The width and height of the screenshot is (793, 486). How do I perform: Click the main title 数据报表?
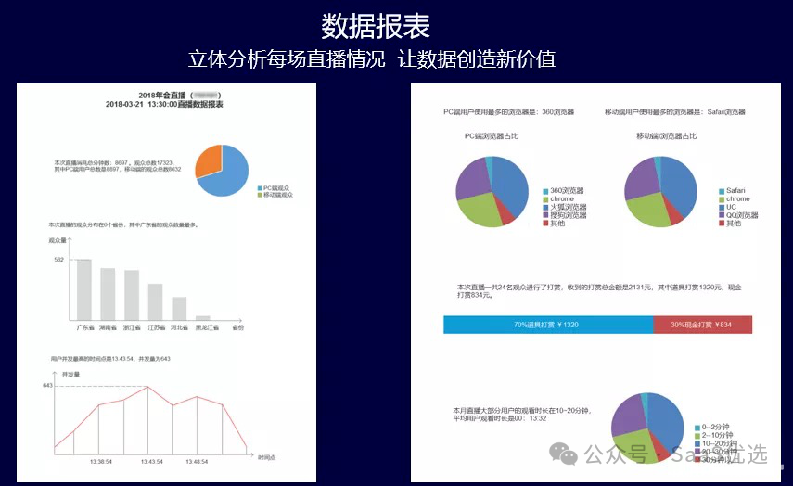pyautogui.click(x=376, y=25)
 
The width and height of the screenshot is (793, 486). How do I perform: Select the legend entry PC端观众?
pyautogui.click(x=277, y=187)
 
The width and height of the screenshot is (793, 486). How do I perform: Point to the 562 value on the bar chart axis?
pyautogui.click(x=58, y=260)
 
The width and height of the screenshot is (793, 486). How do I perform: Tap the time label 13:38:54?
pyautogui.click(x=100, y=461)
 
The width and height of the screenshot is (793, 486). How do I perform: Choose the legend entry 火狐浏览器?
pyautogui.click(x=568, y=207)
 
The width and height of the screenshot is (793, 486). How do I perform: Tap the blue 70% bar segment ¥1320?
pyautogui.click(x=547, y=325)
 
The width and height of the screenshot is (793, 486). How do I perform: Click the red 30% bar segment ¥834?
pyautogui.click(x=702, y=325)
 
